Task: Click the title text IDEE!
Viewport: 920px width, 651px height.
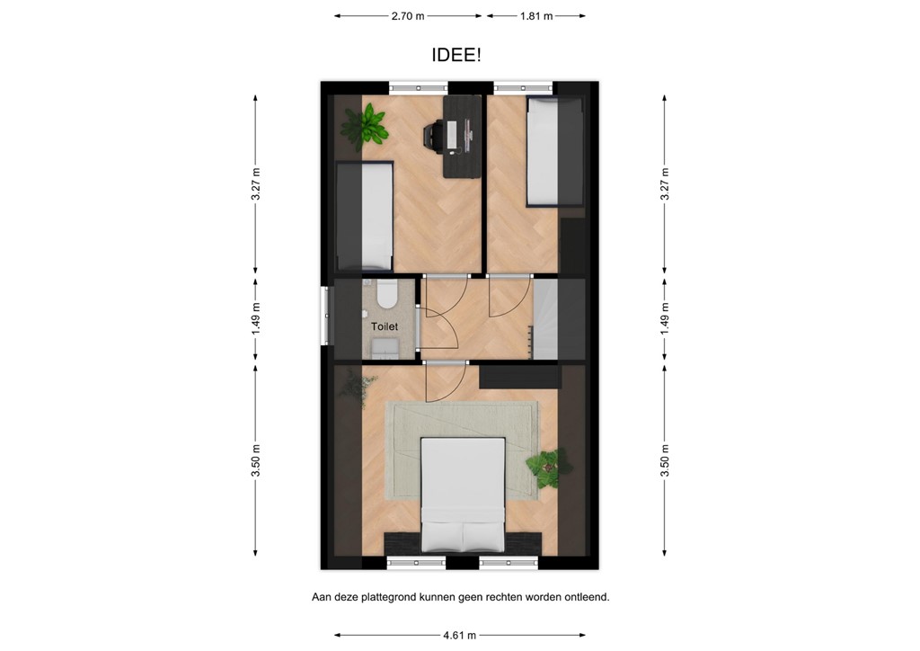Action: pos(456,56)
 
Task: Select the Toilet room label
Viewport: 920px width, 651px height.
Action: pos(385,327)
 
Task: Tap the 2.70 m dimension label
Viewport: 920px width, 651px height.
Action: pos(408,16)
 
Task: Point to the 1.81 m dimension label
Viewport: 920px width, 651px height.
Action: pos(536,16)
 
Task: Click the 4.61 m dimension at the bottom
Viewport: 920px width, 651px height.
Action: pos(459,635)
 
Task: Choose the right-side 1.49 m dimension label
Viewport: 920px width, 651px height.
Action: pos(664,318)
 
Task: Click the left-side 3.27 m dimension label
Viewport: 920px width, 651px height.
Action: pos(256,184)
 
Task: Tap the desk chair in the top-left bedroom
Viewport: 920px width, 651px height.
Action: pos(432,137)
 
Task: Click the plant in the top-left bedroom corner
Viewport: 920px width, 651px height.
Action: pos(366,126)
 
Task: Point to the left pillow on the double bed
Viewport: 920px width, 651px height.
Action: pos(442,536)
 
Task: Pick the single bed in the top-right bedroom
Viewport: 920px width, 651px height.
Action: pos(554,151)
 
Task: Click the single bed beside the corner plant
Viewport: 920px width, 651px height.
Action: pos(364,216)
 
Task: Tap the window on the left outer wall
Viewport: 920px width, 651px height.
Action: pos(325,315)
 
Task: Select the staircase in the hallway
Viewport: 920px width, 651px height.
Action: pos(558,318)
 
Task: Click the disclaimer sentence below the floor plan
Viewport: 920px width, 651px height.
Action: pos(460,596)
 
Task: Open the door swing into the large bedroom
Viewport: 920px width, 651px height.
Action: pos(445,384)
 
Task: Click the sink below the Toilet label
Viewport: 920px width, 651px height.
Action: pos(385,347)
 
